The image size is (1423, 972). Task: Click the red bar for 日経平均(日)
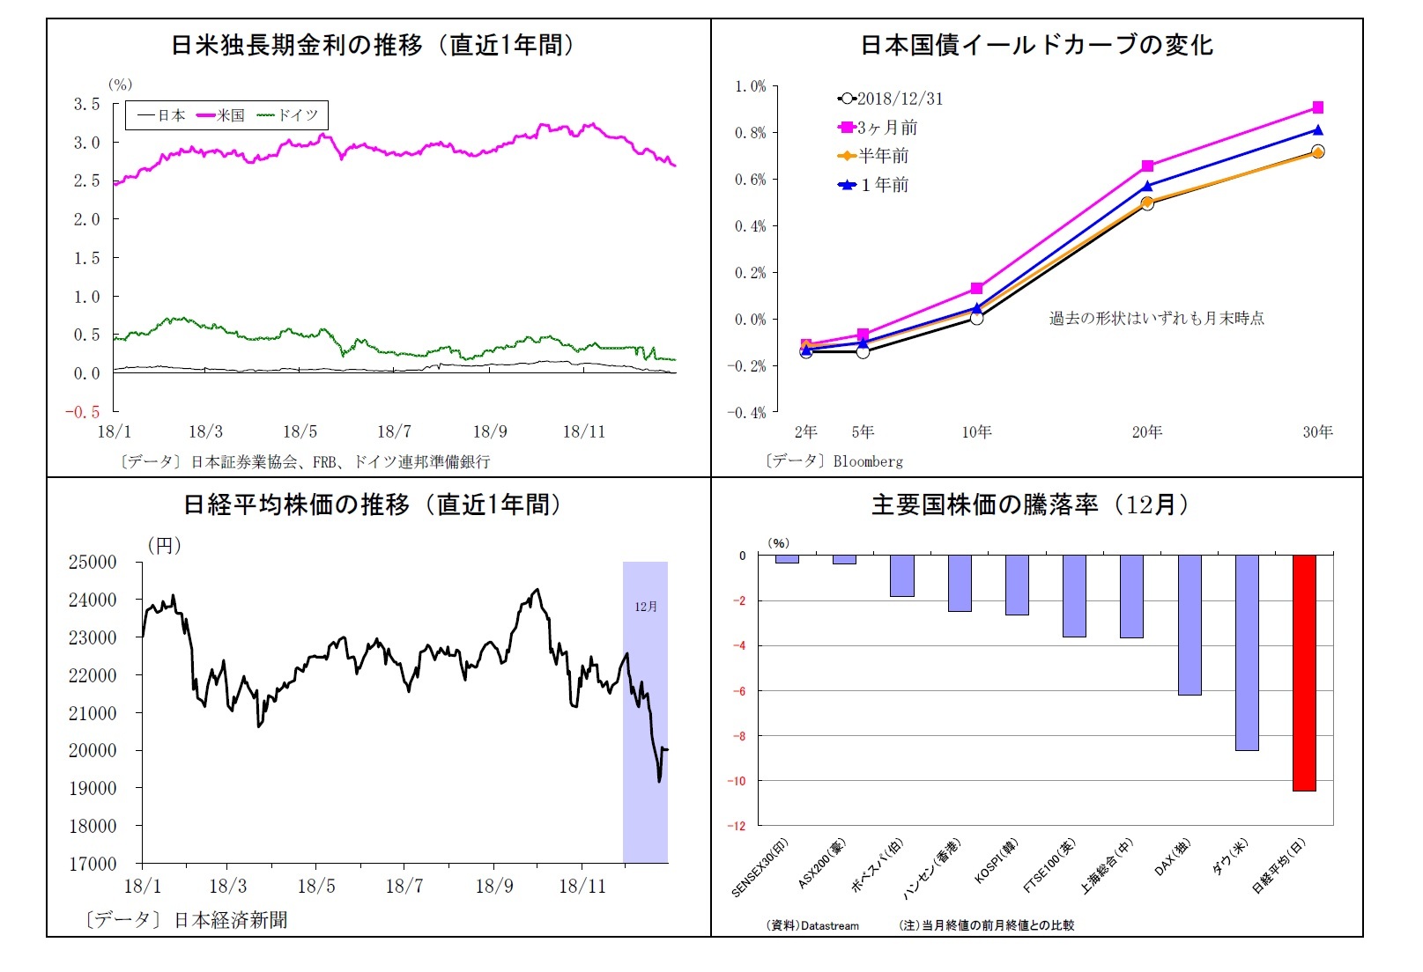point(1304,673)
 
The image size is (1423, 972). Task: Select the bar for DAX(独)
point(1190,624)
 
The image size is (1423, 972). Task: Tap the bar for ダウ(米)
point(1247,652)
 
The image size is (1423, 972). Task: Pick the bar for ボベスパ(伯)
point(901,576)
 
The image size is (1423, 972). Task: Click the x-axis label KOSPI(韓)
point(996,862)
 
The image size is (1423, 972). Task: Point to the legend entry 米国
point(222,115)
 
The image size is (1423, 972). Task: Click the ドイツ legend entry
point(288,115)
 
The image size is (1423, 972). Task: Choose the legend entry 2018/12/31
point(891,99)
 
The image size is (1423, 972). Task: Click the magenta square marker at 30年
point(1318,107)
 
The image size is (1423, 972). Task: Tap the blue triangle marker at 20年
point(1147,186)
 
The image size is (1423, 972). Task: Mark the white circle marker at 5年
point(863,351)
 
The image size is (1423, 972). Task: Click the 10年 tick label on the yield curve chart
point(976,431)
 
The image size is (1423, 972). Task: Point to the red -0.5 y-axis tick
point(82,412)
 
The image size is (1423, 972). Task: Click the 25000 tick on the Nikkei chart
point(93,562)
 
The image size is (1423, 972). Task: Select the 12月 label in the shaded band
point(646,607)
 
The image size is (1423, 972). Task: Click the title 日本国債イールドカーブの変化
point(1036,45)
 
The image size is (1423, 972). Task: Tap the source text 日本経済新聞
point(231,920)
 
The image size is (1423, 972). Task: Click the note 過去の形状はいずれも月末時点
point(1156,318)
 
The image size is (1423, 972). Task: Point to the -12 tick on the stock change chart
point(736,826)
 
